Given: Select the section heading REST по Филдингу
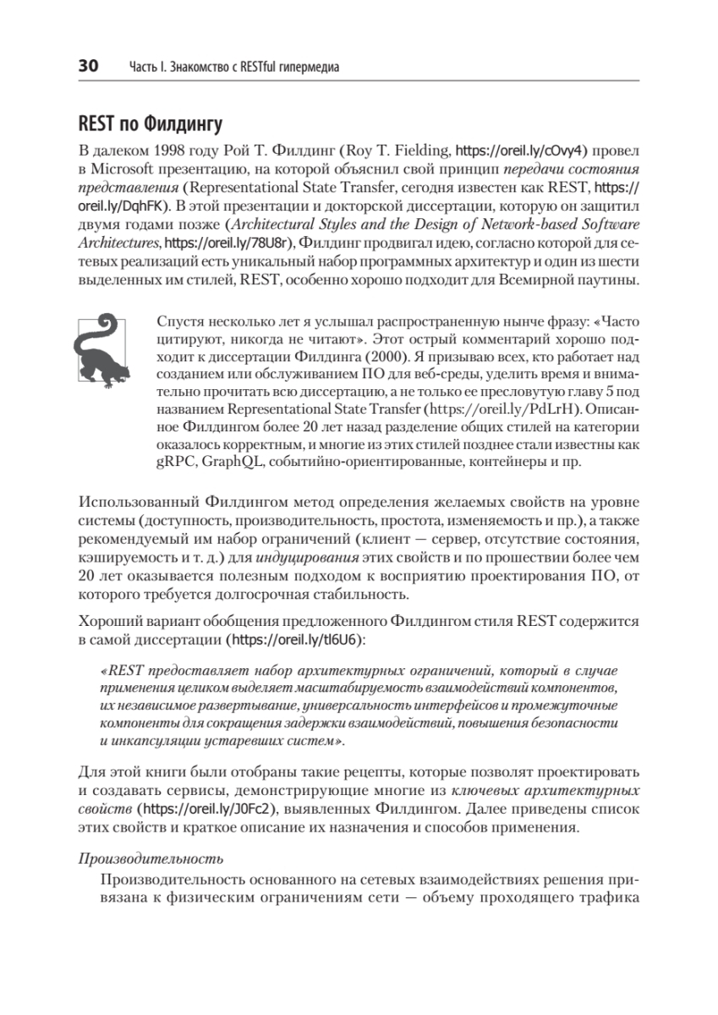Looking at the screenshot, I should click(x=150, y=125).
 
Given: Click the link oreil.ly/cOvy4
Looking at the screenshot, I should click(x=517, y=151).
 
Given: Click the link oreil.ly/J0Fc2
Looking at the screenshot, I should click(x=183, y=809).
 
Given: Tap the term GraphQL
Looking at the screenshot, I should click(x=233, y=464).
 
